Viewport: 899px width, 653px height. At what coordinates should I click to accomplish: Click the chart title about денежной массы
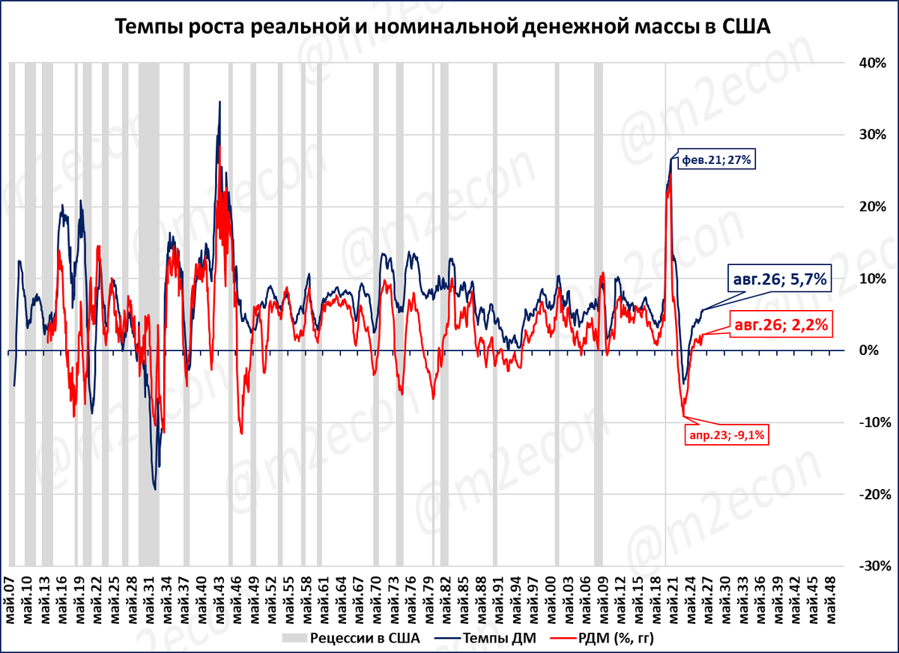[443, 27]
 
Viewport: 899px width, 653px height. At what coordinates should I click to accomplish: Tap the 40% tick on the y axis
[873, 63]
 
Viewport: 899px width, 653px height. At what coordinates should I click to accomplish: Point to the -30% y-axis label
[875, 566]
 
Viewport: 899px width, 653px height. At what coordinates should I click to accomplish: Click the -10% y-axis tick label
[875, 422]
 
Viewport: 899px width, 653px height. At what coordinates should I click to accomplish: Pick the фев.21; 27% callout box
[716, 160]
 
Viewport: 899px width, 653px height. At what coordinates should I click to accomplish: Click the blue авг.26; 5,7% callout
[780, 279]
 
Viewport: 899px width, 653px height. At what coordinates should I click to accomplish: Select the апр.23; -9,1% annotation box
[727, 435]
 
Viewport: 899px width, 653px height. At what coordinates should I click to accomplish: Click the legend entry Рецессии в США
[351, 638]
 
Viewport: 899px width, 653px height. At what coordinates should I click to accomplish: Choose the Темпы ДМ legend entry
[485, 638]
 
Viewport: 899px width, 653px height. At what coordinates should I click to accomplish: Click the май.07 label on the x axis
[10, 600]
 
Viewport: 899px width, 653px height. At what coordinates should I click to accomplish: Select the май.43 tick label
[220, 600]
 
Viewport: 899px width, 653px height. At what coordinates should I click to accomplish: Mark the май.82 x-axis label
[447, 600]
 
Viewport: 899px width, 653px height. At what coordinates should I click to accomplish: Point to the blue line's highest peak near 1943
[220, 102]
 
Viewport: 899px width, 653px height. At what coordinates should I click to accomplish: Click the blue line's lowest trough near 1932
[155, 489]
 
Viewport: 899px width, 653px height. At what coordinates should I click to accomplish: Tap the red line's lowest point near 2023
[683, 416]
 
